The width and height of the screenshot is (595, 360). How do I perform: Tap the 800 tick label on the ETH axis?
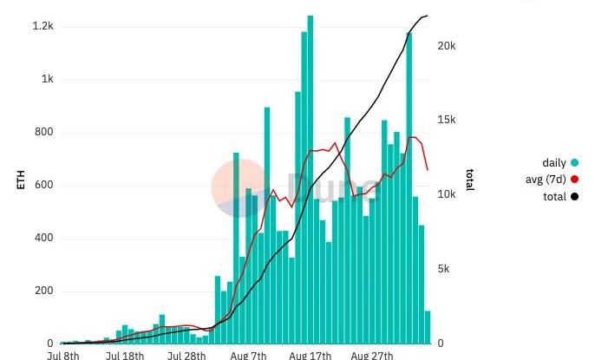coord(43,133)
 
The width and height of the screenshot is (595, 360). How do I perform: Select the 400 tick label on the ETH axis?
coord(43,238)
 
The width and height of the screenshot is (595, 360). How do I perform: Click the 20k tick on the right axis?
coord(446,46)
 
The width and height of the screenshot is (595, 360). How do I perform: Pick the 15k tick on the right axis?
coord(446,121)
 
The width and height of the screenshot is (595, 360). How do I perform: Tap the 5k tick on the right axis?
coord(443,269)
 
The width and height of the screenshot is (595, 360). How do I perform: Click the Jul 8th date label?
coord(63,355)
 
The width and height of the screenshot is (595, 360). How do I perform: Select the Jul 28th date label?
coord(186,355)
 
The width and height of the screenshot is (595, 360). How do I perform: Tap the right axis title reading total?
coord(469,180)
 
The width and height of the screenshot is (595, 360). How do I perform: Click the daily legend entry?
coord(553,163)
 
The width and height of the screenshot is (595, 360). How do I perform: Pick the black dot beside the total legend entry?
coord(574,197)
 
